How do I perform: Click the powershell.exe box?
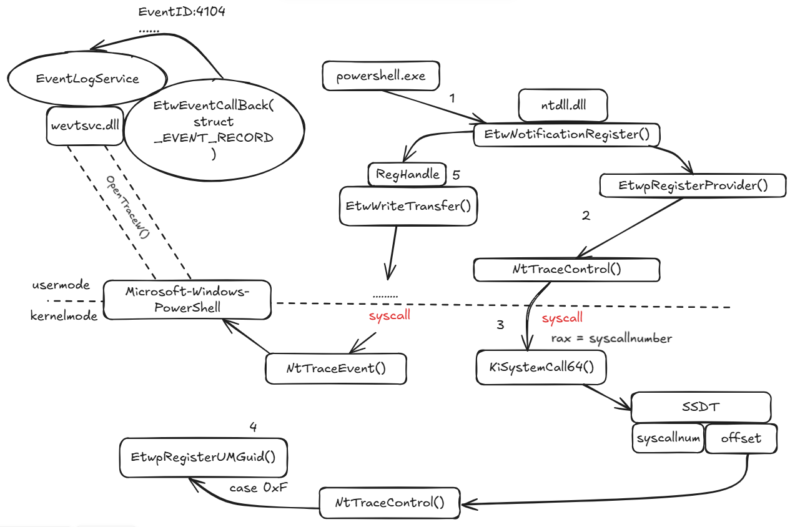380,76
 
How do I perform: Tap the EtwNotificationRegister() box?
566,134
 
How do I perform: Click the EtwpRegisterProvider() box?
692,185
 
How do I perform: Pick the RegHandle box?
407,175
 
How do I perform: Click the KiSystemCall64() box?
541,367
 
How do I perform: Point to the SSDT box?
700,407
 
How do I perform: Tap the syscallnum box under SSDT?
668,438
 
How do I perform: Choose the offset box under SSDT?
741,438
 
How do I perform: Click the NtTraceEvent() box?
336,368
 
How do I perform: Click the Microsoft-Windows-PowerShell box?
187,300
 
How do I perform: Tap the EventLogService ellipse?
87,79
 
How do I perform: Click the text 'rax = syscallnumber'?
611,338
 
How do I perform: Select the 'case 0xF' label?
259,488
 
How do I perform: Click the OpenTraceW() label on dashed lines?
129,207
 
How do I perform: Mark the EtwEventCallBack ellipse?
214,129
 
